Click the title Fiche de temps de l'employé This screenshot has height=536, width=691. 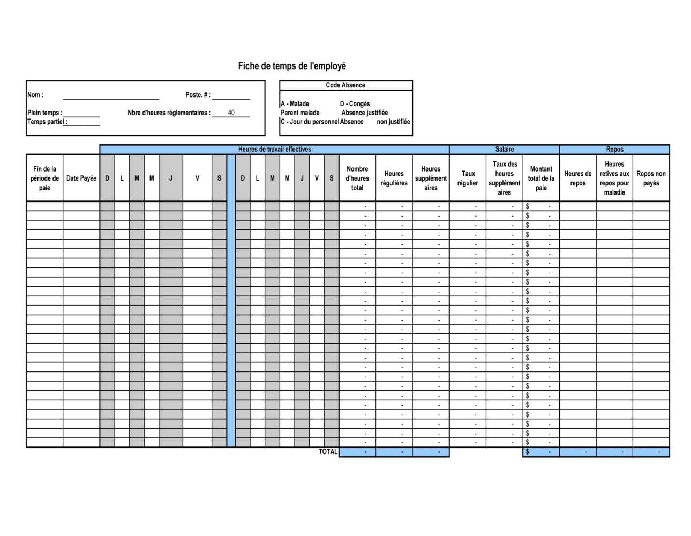[x=292, y=66]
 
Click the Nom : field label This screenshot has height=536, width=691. [x=35, y=95]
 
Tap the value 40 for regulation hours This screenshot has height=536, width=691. [x=231, y=113]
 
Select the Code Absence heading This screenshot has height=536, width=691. [x=345, y=85]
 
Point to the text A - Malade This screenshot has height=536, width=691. [x=295, y=104]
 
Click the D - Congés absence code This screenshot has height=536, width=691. [x=355, y=104]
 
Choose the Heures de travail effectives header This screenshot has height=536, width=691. [x=274, y=150]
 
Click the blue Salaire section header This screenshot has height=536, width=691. [x=504, y=150]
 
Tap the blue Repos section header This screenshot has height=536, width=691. [x=614, y=150]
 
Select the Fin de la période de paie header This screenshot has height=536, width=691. [x=44, y=178]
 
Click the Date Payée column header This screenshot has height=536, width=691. [x=81, y=178]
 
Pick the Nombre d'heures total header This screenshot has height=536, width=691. [x=357, y=178]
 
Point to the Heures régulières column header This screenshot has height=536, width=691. [x=394, y=178]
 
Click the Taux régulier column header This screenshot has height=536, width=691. [x=468, y=178]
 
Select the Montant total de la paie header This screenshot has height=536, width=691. [x=541, y=178]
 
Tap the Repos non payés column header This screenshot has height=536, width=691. [x=651, y=178]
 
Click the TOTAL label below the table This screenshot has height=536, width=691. [x=328, y=452]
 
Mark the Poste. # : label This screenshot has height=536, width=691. [x=198, y=95]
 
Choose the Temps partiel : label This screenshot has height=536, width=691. [x=47, y=122]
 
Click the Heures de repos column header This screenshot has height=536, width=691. [x=577, y=178]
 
